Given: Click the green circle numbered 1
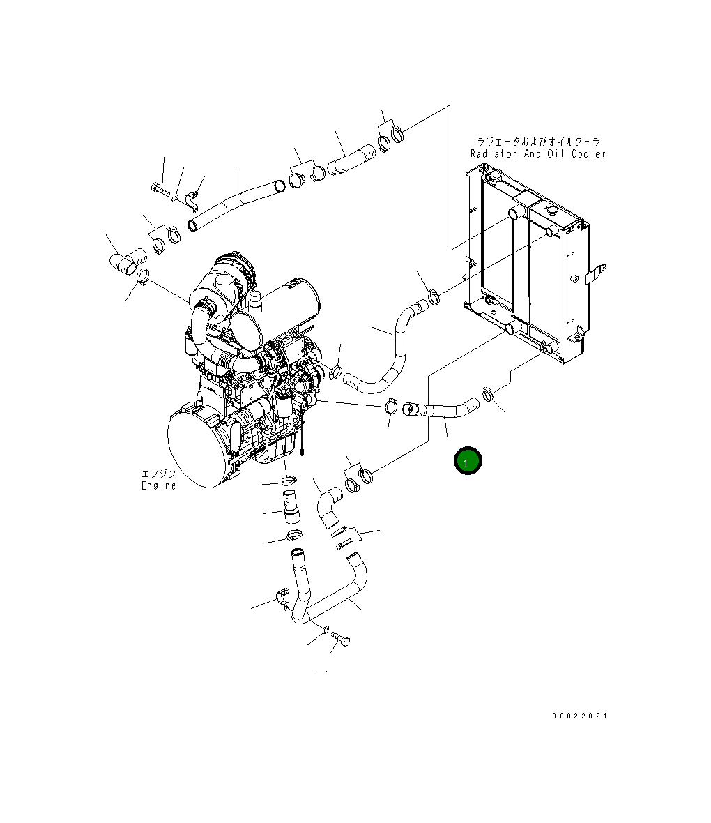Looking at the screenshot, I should pos(467,461).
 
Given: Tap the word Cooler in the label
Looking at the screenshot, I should pos(588,153).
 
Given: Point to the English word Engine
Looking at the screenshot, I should pos(159,485).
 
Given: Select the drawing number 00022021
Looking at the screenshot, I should pos(580,716).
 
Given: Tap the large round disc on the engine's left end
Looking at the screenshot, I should pos(199,448).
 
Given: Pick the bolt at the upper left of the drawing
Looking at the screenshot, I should pos(160,187).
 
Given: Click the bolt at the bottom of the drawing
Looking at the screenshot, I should pos(342,637).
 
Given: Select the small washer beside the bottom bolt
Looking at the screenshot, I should pos(325,631).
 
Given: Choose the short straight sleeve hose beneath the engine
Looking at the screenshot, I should pos(290,506).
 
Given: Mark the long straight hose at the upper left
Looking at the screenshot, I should pos(236,202).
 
